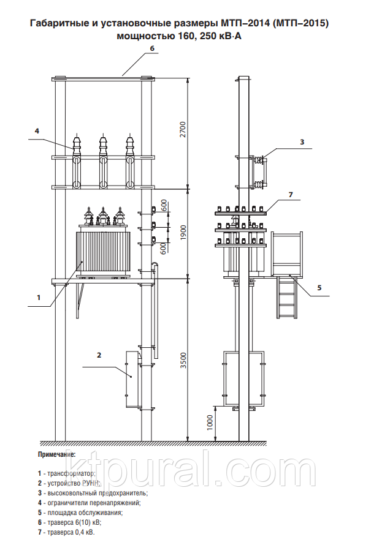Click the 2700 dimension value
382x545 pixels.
point(183,129)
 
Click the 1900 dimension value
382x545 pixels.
point(183,233)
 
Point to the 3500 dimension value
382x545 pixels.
point(183,361)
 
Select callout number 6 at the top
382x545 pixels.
point(152,48)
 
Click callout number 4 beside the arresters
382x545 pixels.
point(37,130)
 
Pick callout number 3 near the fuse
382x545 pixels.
point(302,142)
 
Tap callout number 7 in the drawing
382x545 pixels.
point(291,195)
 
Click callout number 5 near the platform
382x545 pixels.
point(319,288)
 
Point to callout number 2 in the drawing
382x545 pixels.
point(99,355)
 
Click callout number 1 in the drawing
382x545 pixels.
point(39,298)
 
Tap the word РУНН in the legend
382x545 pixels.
point(91,483)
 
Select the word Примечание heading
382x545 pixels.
point(56,454)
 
